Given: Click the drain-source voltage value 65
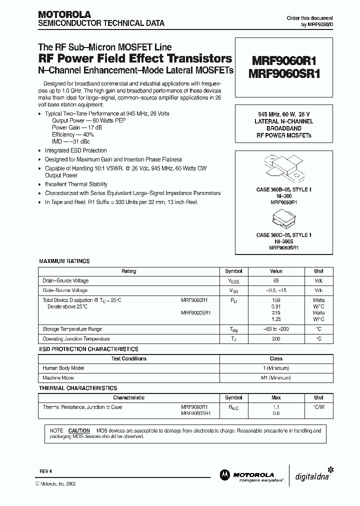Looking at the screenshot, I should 276,281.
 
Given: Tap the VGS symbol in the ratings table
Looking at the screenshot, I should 233,290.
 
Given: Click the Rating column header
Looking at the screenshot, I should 128,271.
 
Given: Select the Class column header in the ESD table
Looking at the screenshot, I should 276,358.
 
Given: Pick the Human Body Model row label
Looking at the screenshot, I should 63,368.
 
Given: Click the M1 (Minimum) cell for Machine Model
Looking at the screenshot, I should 276,378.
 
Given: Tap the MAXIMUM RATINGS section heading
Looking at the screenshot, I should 64,261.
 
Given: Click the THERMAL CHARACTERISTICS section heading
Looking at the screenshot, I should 78,388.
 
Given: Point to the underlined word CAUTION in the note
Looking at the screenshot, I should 79,430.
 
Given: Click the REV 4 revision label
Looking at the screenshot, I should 45,471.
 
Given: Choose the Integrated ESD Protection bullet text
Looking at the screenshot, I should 76,150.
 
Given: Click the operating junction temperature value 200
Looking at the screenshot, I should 276,339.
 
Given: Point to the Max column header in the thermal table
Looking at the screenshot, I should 276,397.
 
